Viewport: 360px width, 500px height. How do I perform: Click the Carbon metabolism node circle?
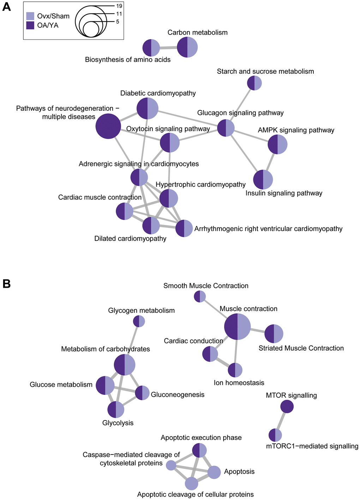point(187,48)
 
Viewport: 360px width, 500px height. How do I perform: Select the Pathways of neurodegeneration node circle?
point(108,126)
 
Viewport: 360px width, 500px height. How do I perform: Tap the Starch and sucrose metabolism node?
point(254,83)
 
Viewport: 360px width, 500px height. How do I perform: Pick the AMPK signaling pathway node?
point(277,144)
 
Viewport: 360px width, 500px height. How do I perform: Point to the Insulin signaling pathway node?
point(263,179)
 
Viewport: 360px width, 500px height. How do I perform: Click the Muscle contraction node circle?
point(238,327)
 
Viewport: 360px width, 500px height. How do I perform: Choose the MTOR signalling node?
point(287,407)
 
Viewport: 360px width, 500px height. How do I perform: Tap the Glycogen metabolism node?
point(139,321)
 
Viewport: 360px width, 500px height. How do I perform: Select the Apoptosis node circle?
point(214,472)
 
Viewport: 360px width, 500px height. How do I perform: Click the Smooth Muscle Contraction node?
point(200,297)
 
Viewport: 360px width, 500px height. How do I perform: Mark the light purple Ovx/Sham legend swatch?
point(31,16)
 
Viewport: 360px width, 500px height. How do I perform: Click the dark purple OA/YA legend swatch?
point(31,25)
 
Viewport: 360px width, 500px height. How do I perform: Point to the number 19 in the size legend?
point(119,6)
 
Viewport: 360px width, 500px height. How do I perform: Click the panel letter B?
point(6,284)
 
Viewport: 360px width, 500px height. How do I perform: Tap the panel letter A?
point(6,7)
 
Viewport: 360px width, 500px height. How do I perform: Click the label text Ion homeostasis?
point(239,383)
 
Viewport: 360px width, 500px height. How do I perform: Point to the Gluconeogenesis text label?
point(178,394)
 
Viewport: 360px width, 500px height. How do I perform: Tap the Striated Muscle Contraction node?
point(274,334)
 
